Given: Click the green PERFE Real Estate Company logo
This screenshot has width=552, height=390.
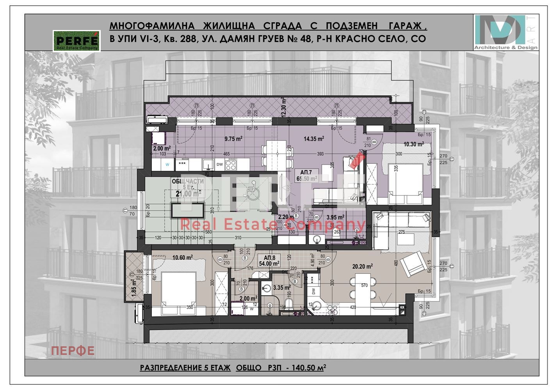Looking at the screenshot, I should [77, 41].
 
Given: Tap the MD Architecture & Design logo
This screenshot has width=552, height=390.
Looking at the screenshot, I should [506, 32].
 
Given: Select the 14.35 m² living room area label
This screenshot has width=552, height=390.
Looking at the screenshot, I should [314, 138].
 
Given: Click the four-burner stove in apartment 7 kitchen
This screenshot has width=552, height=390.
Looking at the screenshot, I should [231, 165].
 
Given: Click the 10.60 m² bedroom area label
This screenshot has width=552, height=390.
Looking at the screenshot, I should [182, 257].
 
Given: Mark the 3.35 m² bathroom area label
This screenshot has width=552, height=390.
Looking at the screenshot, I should [282, 288].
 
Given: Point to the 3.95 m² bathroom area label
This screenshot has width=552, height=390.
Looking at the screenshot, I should [335, 217].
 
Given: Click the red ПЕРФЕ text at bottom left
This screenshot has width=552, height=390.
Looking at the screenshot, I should [73, 351].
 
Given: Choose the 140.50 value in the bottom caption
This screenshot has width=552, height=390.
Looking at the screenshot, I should [299, 368].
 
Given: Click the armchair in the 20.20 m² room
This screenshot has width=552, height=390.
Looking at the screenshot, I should [412, 264].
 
